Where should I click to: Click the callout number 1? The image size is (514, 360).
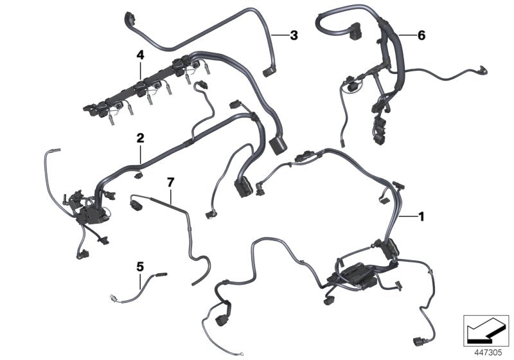[421, 217]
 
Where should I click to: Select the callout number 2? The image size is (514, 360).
[139, 138]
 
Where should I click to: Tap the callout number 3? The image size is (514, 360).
[294, 35]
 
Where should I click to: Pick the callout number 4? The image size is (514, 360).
[139, 56]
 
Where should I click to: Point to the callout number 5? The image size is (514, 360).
[139, 264]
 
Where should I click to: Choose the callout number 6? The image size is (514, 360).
[421, 35]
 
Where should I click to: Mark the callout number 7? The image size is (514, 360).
[170, 183]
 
